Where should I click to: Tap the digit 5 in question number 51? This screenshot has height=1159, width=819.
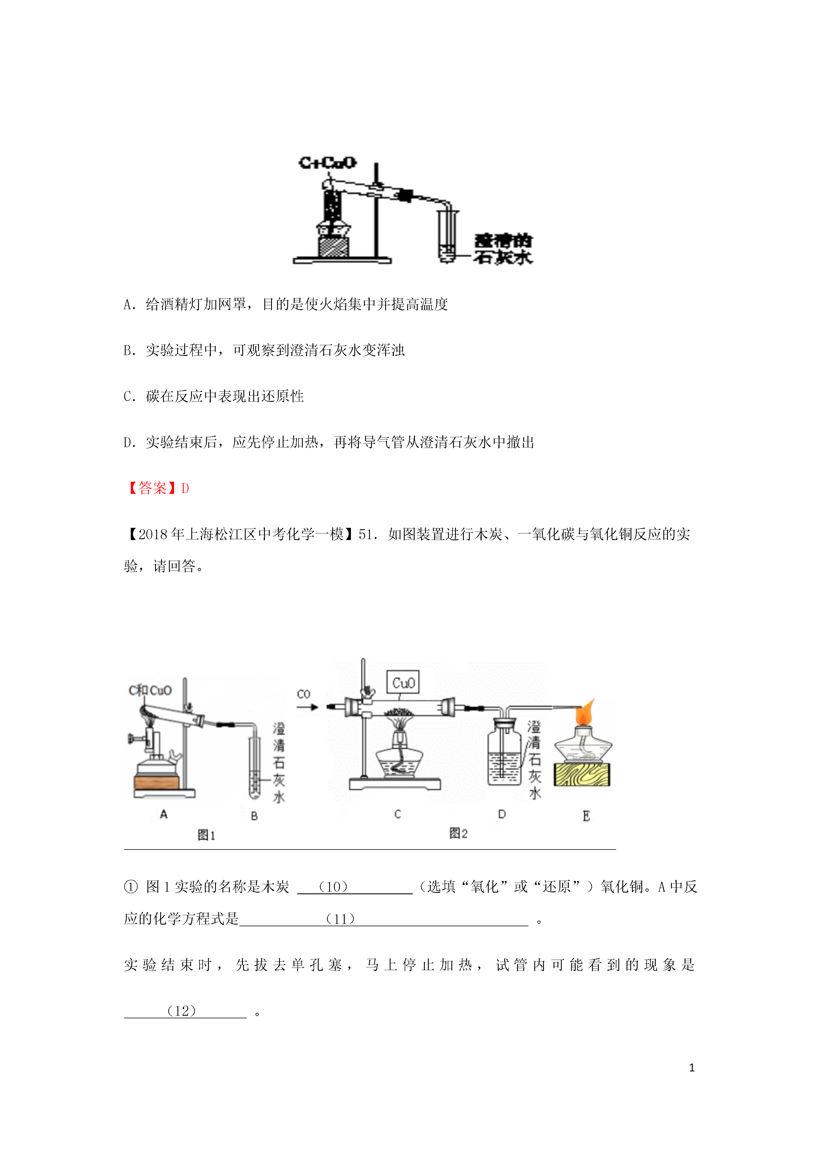[x=362, y=535]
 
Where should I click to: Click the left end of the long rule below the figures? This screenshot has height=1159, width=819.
[x=124, y=849]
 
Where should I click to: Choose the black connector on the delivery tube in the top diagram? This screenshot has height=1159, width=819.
[x=404, y=195]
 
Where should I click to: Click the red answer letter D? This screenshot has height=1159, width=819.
[x=185, y=488]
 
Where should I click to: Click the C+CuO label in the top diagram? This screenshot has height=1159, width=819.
[x=327, y=163]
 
